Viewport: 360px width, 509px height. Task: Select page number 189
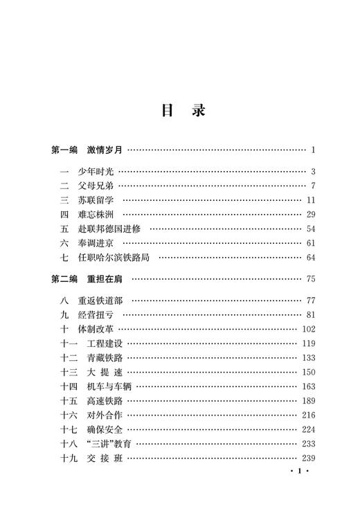tap(309, 401)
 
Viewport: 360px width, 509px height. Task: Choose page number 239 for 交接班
tap(309, 458)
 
